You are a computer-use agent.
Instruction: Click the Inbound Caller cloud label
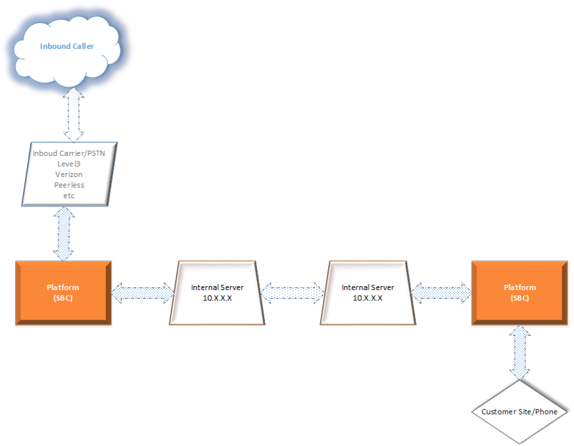pyautogui.click(x=66, y=47)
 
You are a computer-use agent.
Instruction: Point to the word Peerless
pyautogui.click(x=70, y=186)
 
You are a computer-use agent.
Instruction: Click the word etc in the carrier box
pyautogui.click(x=69, y=196)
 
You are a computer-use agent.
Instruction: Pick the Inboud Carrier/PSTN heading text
pyautogui.click(x=70, y=153)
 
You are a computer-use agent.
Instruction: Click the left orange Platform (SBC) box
pyautogui.click(x=63, y=293)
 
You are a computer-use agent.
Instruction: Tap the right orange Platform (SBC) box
pyautogui.click(x=519, y=293)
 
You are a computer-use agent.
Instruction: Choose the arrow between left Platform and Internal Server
pyautogui.click(x=143, y=293)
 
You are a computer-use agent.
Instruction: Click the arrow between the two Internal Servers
pyautogui.click(x=293, y=293)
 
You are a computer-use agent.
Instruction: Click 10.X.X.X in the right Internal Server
pyautogui.click(x=368, y=298)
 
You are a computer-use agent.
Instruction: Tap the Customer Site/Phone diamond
pyautogui.click(x=519, y=412)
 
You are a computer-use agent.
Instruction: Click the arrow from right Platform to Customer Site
pyautogui.click(x=519, y=353)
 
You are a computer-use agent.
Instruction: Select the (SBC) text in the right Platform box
pyautogui.click(x=519, y=298)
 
